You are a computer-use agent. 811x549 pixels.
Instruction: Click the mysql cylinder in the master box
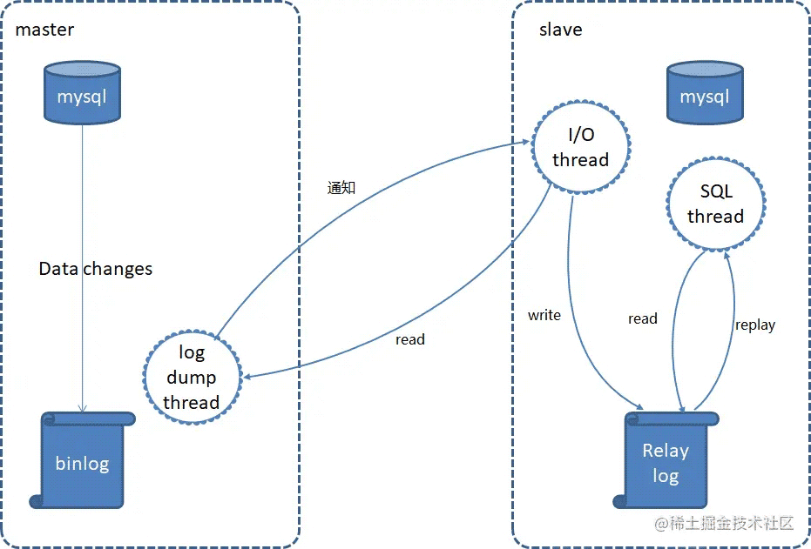tap(82, 91)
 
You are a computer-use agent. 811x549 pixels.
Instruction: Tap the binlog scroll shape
tap(83, 461)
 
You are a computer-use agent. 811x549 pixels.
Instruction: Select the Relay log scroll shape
tap(666, 461)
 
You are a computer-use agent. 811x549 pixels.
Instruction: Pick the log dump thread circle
tap(191, 377)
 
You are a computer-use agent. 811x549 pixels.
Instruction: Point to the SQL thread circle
tap(715, 204)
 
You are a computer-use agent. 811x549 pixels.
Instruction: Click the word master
tap(44, 30)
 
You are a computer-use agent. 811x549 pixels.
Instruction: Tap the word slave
tap(561, 30)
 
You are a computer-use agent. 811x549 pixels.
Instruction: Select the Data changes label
tap(96, 269)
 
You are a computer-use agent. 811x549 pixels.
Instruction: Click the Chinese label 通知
tap(341, 187)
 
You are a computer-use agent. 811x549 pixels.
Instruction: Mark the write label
tap(544, 315)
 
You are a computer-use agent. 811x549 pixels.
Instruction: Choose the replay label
tap(754, 325)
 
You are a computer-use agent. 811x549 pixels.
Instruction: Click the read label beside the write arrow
tap(643, 318)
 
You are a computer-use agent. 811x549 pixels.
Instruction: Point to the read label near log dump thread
tap(410, 339)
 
